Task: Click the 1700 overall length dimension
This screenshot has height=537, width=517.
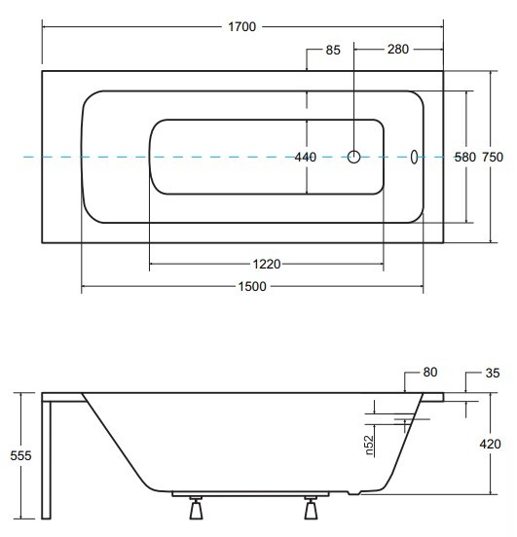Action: pos(242,26)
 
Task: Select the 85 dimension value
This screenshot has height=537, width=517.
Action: pos(333,50)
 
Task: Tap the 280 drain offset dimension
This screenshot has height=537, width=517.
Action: pos(398,50)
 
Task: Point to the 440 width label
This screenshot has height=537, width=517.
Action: pos(305,158)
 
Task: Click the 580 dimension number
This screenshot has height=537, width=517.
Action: pos(465,158)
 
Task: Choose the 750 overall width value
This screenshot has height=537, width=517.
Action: pos(493,158)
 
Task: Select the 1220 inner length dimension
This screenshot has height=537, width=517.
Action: pos(267,264)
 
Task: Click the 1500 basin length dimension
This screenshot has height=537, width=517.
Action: pos(252,286)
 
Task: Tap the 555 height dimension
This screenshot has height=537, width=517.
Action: pos(20,456)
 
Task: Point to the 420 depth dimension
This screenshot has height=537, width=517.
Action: pos(490,445)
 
